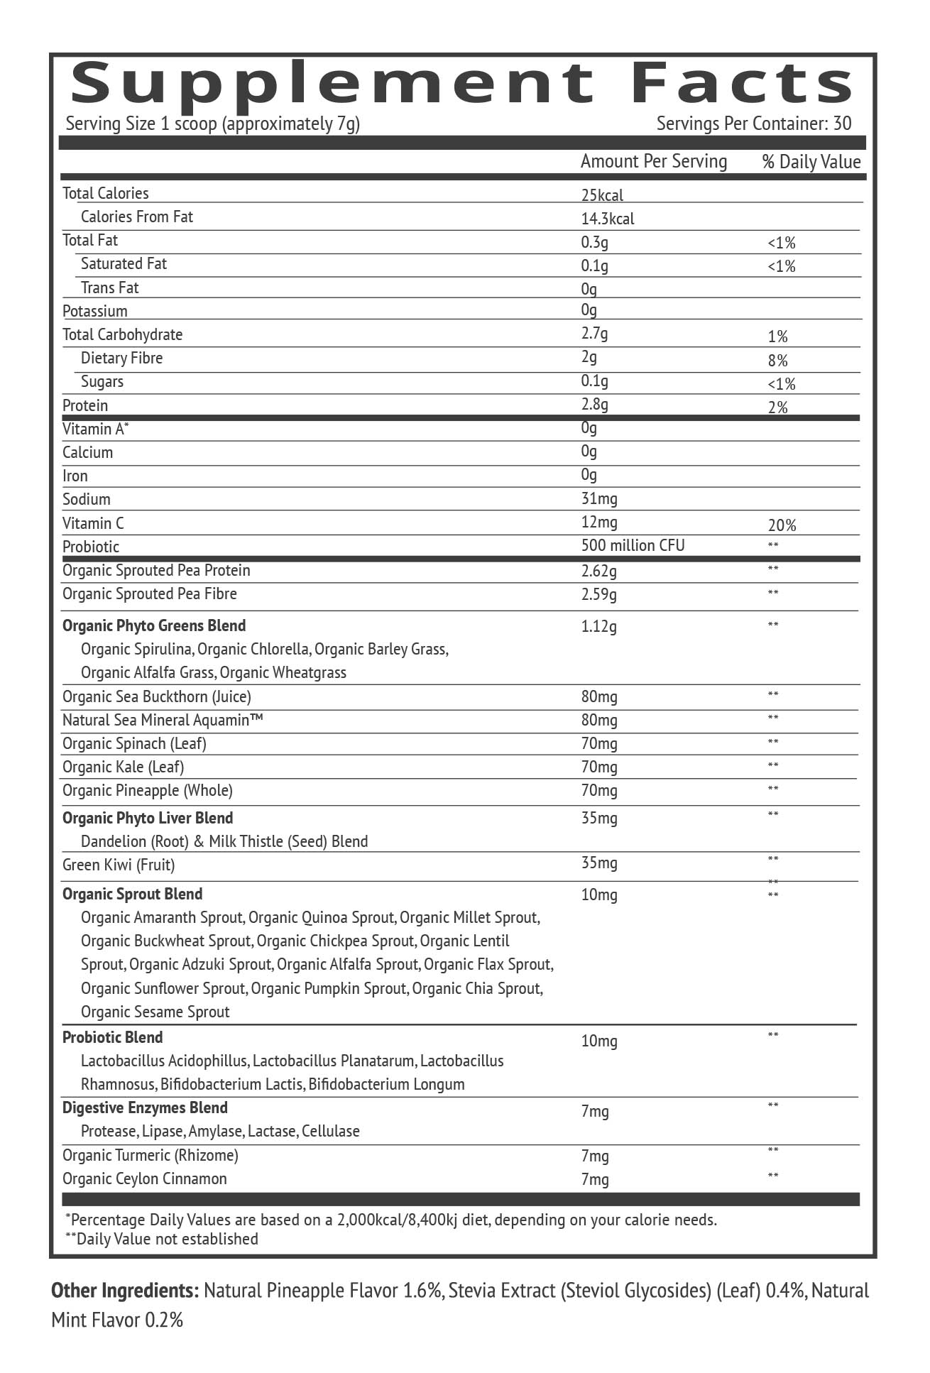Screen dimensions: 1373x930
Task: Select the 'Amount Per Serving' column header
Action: point(653,162)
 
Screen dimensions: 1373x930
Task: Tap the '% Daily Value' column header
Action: point(811,162)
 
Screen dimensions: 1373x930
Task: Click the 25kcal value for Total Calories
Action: point(602,195)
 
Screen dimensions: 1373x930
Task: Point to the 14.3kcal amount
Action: point(607,219)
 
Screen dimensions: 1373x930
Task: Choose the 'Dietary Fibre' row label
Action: point(121,359)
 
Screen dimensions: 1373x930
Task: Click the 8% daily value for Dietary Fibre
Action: point(777,361)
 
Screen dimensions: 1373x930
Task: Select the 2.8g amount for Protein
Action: point(594,405)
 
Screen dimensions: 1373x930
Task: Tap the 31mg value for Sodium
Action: point(598,499)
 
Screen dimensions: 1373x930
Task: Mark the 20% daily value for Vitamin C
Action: point(782,525)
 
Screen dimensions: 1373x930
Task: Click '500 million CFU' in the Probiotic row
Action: point(633,545)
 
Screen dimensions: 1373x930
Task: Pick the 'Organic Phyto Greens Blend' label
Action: point(154,625)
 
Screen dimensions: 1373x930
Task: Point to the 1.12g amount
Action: point(598,626)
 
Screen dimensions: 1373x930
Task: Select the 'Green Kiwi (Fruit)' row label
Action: point(119,865)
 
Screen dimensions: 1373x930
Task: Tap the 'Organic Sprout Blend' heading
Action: point(132,894)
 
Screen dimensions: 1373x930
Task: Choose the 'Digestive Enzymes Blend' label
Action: point(145,1107)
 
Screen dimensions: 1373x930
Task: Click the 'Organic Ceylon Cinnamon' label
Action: point(144,1178)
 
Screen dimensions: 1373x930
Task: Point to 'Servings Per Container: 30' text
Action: point(753,124)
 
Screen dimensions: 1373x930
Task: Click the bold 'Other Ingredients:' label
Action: point(124,1290)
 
